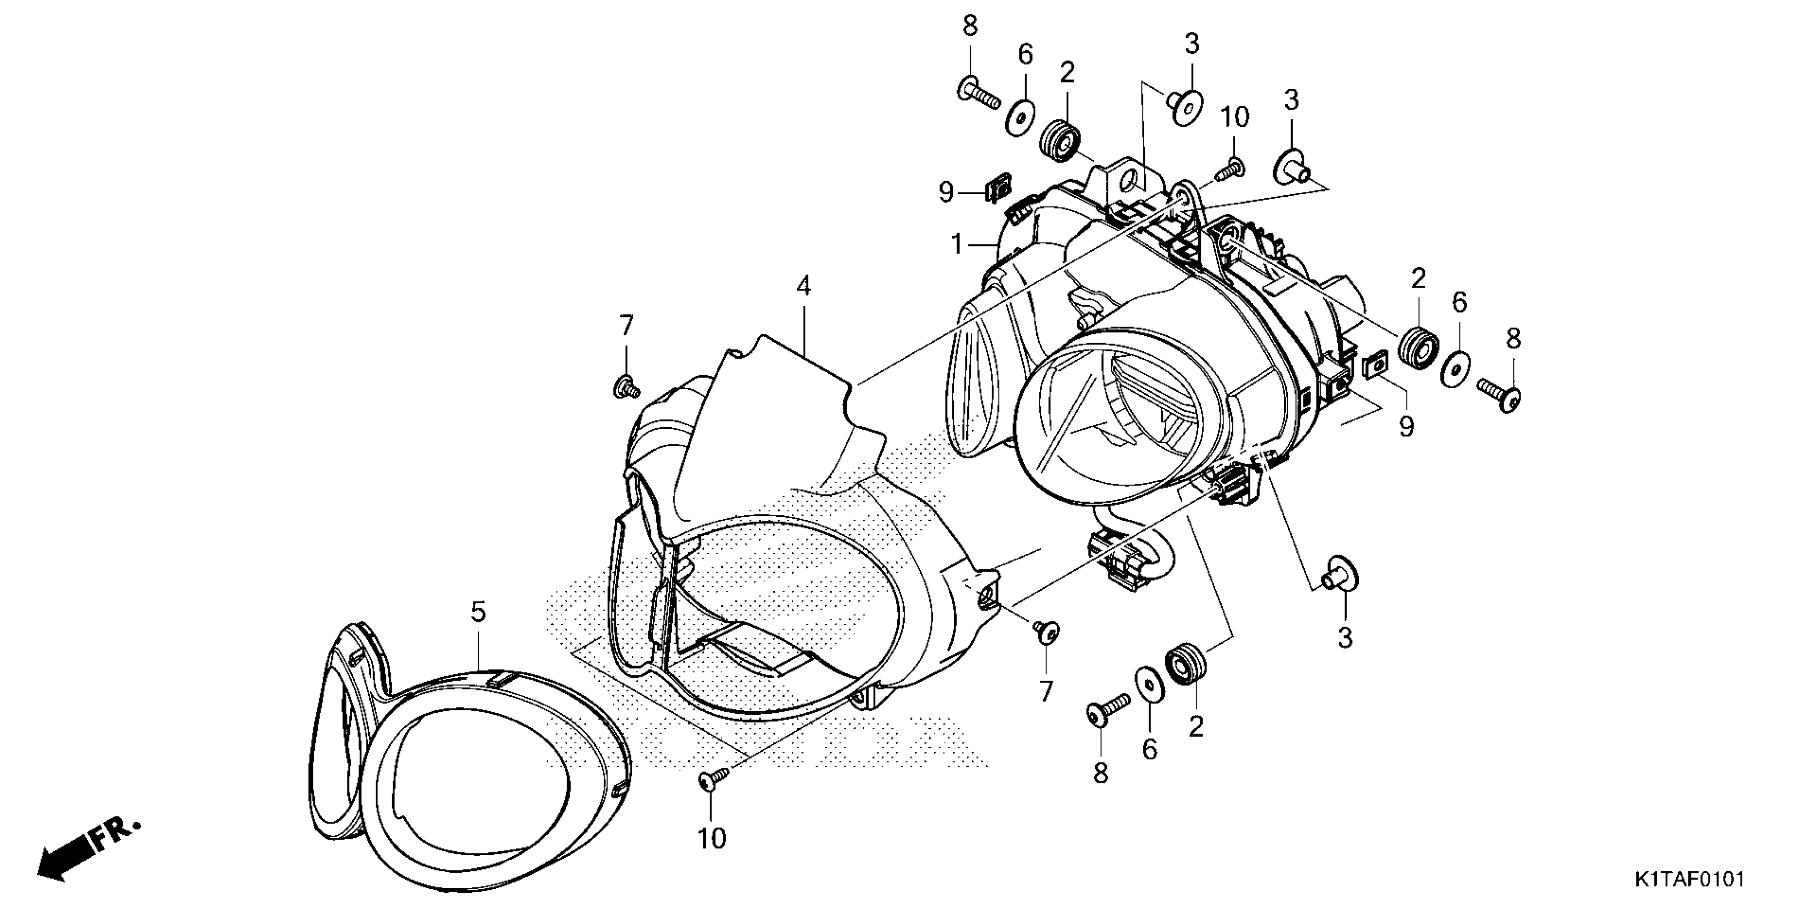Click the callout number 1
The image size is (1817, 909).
click(957, 245)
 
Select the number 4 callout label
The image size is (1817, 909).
click(803, 286)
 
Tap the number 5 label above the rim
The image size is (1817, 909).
click(478, 612)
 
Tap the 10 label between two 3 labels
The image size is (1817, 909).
click(1234, 118)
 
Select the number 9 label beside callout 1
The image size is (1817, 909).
click(946, 192)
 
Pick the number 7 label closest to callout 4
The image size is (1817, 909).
click(626, 326)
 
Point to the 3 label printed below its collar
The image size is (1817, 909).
click(1345, 638)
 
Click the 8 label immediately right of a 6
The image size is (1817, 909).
click(1513, 340)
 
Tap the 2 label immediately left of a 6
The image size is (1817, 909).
click(1418, 279)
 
